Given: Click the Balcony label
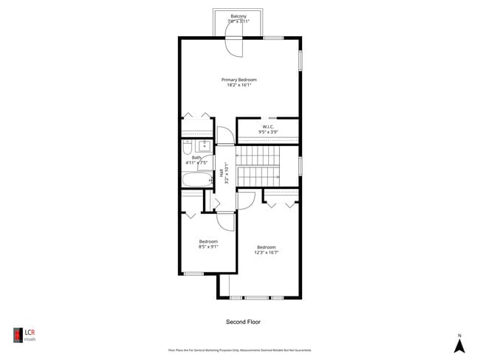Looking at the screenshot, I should pyautogui.click(x=238, y=15).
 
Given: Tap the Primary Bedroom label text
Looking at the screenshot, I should pyautogui.click(x=239, y=79).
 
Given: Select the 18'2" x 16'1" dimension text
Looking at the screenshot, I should pyautogui.click(x=239, y=85).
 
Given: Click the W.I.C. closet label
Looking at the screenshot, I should pyautogui.click(x=268, y=126).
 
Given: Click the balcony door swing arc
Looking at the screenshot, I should pyautogui.click(x=234, y=46).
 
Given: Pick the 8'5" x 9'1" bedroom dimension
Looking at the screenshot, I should pyautogui.click(x=208, y=247).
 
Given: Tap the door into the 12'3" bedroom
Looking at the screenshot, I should pyautogui.click(x=247, y=199).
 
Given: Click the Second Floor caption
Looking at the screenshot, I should pyautogui.click(x=243, y=322).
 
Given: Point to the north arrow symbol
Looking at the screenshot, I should pyautogui.click(x=459, y=345).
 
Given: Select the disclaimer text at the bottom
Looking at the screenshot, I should pyautogui.click(x=239, y=350).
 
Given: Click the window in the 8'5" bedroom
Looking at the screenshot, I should pyautogui.click(x=193, y=274).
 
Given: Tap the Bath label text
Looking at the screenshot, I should pyautogui.click(x=196, y=157).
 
